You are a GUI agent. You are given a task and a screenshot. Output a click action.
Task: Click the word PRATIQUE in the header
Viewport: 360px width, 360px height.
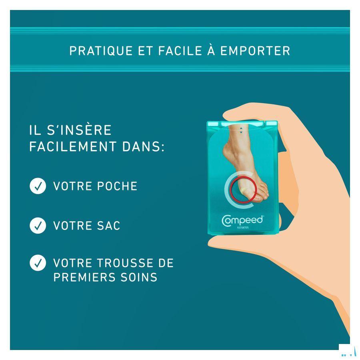(x=101, y=51)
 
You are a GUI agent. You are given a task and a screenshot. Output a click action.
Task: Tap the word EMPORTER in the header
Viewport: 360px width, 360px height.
(x=255, y=51)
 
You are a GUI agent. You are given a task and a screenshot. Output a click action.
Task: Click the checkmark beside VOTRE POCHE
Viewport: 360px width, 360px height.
(x=38, y=186)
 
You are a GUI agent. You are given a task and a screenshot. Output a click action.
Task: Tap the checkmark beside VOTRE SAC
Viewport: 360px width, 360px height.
(x=38, y=226)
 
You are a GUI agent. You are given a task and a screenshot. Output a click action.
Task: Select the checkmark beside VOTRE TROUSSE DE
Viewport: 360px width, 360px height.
(x=38, y=263)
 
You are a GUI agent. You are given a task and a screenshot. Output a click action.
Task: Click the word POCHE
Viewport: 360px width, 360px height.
(x=117, y=186)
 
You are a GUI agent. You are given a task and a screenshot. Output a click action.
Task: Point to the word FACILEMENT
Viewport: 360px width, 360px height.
(x=73, y=146)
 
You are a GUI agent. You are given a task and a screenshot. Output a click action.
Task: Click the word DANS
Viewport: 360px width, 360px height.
(x=143, y=146)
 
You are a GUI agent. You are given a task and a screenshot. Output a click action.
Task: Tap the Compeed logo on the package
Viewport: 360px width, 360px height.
(x=242, y=220)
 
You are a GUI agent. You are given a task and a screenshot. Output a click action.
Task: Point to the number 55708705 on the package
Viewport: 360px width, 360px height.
(x=243, y=228)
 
